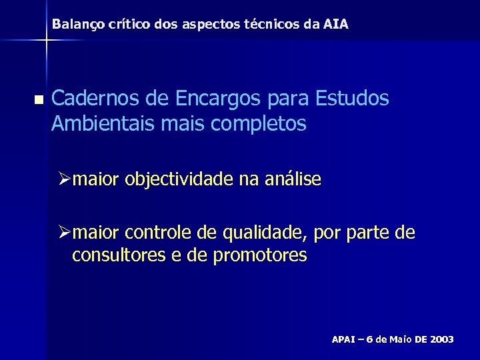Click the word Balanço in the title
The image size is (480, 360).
[74, 25]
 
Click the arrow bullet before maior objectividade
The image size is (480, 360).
[64, 179]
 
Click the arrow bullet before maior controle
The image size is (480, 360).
[64, 233]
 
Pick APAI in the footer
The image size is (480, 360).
[344, 339]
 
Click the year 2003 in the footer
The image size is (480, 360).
[442, 339]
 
